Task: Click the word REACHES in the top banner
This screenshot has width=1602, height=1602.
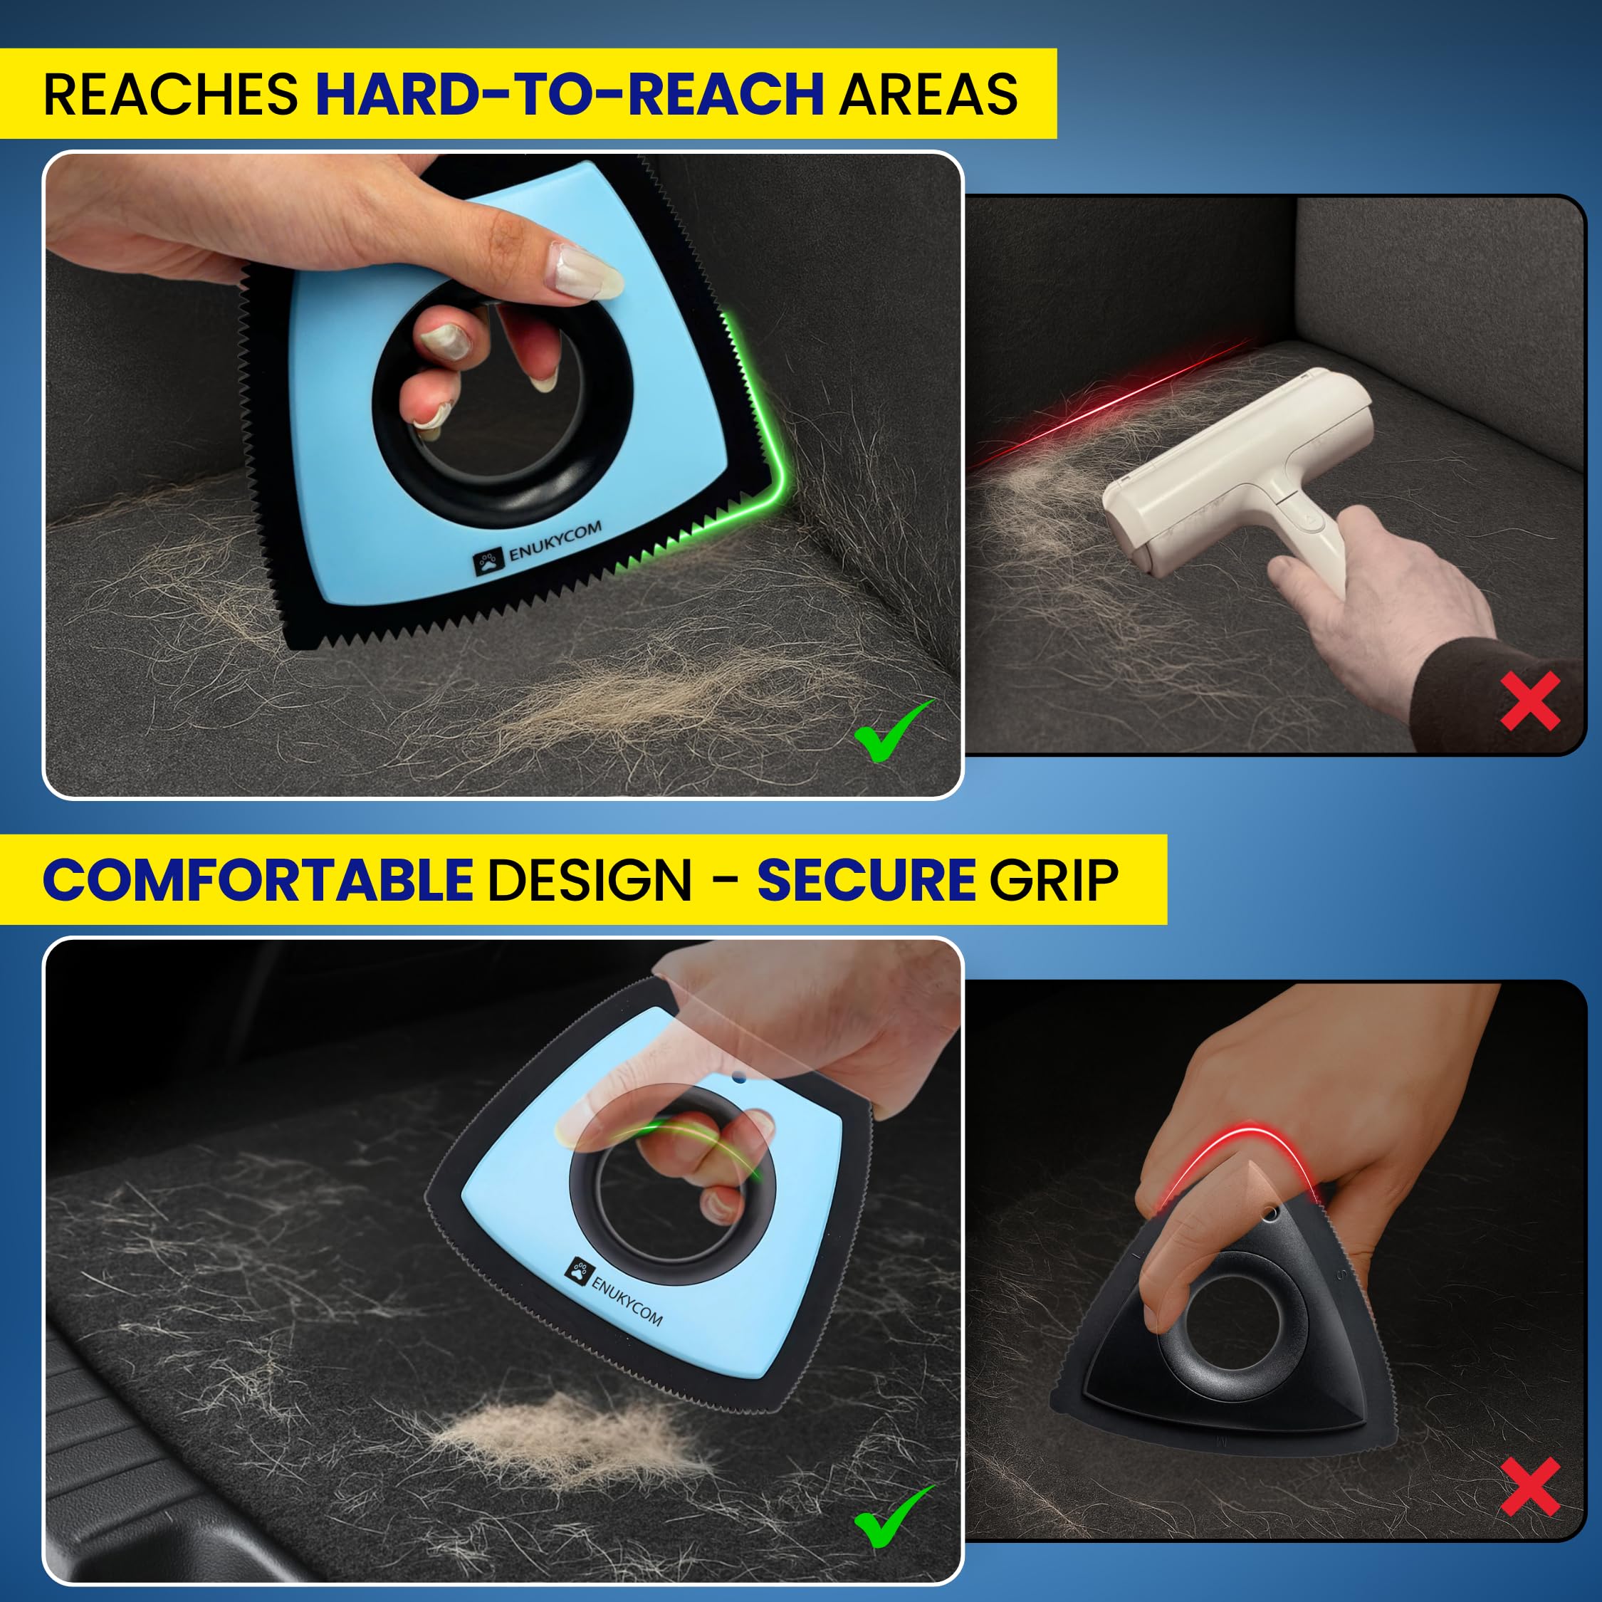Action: (x=170, y=95)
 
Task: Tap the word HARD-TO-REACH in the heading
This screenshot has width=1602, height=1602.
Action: (x=569, y=95)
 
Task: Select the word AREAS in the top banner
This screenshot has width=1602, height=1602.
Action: (x=928, y=95)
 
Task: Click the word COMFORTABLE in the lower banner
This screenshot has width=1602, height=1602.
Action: (x=257, y=880)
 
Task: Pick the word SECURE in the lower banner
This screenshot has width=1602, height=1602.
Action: (x=866, y=880)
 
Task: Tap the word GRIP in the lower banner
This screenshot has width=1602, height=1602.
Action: (x=1053, y=880)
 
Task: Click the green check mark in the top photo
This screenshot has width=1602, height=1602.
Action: (x=892, y=731)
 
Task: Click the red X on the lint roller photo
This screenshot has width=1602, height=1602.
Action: (x=1530, y=701)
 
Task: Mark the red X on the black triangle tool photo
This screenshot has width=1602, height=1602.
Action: (x=1530, y=1487)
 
